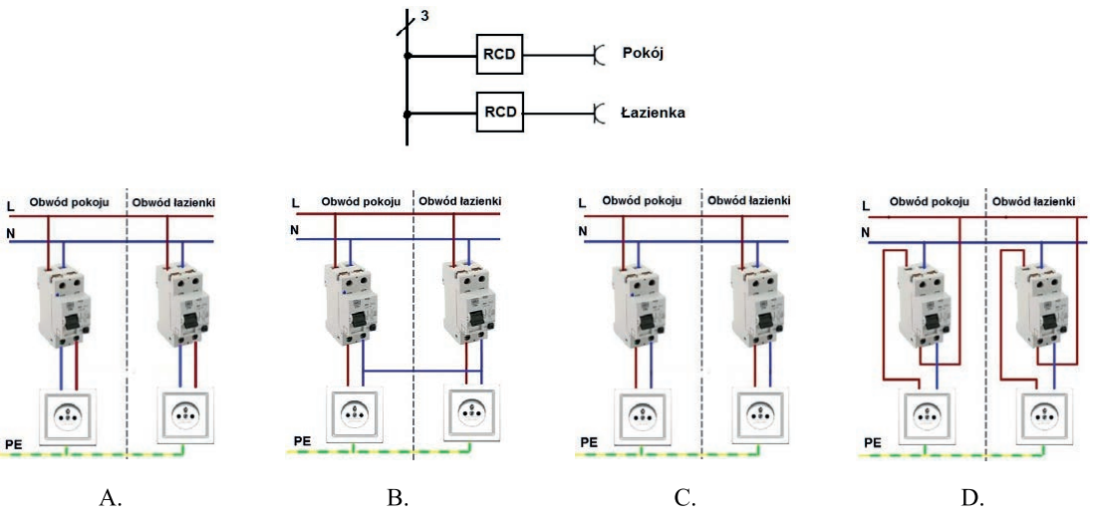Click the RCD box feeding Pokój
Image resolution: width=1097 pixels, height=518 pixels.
click(498, 54)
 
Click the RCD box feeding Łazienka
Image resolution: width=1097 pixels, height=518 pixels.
click(498, 112)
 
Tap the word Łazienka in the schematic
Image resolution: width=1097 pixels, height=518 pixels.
click(653, 113)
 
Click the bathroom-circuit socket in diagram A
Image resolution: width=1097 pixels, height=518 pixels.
click(184, 413)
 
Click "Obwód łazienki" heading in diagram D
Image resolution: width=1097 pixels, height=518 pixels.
click(1034, 202)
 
